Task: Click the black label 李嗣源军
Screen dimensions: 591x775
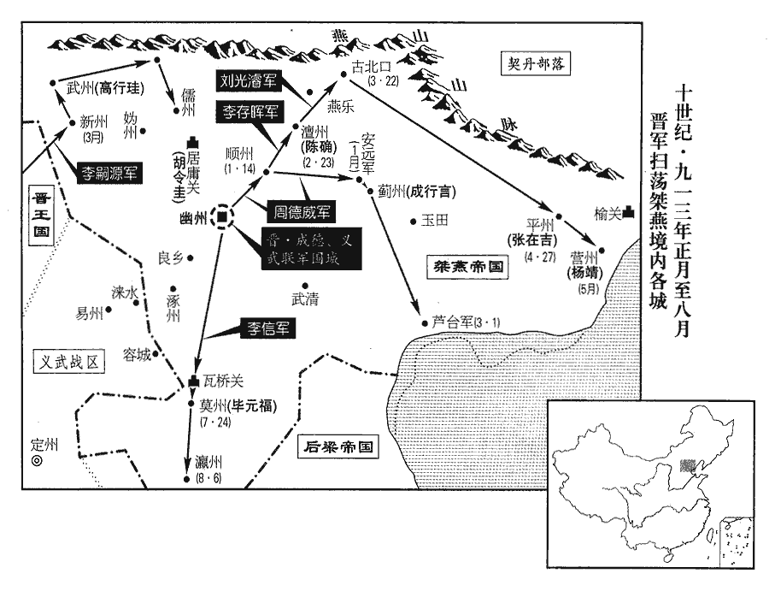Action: tap(107, 172)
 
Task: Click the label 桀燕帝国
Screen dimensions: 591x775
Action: tap(466, 267)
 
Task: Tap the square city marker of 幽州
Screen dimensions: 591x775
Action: tap(222, 218)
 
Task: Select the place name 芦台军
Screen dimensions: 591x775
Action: tap(450, 322)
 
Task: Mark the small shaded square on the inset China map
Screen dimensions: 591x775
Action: tap(686, 466)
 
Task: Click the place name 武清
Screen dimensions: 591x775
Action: tap(305, 299)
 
